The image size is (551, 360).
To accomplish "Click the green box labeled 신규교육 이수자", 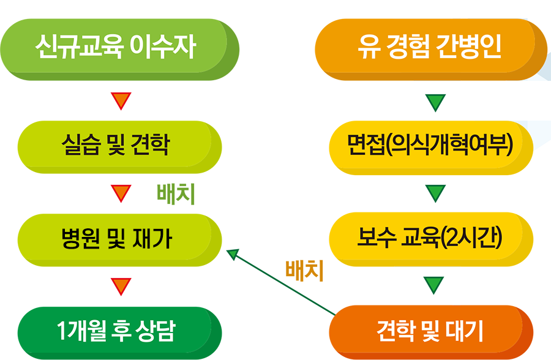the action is tap(119, 50).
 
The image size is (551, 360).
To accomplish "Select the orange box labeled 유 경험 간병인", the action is tap(430, 50).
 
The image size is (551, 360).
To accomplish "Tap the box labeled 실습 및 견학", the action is tap(119, 147).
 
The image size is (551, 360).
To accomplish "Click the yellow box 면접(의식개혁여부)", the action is tap(431, 148).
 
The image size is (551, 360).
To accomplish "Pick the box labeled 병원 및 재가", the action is tap(119, 240).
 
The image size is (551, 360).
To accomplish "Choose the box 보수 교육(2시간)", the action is tap(431, 239).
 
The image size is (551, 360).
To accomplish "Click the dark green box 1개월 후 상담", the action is tap(119, 333).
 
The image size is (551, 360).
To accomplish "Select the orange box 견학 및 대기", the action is tap(431, 332).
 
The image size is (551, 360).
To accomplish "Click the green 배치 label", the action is tap(176, 194).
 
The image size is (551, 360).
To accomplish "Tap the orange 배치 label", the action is tap(304, 271).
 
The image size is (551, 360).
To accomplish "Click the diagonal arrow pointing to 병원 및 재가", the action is tap(281, 282).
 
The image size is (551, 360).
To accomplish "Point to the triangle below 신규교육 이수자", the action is tap(121, 101).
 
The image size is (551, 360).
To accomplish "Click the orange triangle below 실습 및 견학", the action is tap(121, 193).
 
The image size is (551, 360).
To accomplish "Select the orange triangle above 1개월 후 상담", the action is tap(121, 286).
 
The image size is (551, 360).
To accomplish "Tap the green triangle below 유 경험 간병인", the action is tap(435, 103).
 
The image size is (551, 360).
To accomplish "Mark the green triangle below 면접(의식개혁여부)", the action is tap(435, 193).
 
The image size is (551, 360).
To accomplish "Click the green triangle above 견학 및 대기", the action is tap(434, 285).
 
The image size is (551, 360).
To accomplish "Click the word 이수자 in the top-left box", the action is tap(163, 47).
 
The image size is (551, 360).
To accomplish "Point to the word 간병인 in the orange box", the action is tap(468, 47).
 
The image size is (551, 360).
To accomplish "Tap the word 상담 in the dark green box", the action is tap(156, 331).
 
